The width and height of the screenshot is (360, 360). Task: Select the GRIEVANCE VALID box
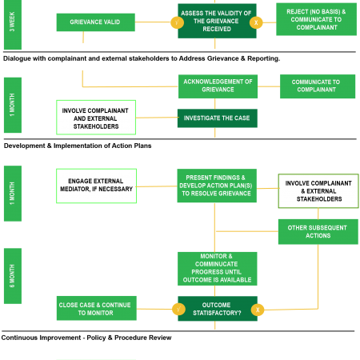(96, 22)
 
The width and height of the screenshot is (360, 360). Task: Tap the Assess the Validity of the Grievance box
(217, 21)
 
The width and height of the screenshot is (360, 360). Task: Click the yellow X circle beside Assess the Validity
(256, 22)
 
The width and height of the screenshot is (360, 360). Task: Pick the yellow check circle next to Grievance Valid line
(178, 22)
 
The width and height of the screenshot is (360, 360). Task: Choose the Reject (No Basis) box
(316, 19)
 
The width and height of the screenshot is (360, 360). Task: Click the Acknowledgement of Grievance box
(218, 86)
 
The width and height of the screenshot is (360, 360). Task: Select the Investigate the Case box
(218, 118)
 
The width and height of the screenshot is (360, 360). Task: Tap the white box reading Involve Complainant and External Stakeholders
(96, 118)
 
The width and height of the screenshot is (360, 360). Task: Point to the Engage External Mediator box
(96, 186)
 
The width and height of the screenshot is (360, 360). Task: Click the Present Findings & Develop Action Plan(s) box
(217, 186)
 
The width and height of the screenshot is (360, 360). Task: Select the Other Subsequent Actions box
(318, 232)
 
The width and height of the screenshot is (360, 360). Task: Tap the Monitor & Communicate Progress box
(218, 269)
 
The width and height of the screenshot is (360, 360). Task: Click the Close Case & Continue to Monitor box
(97, 308)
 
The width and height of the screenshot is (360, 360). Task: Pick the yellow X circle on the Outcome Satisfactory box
(258, 310)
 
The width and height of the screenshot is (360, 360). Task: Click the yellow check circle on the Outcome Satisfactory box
(179, 310)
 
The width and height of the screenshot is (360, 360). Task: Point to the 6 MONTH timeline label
(13, 276)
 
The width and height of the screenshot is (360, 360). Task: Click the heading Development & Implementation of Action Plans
(78, 146)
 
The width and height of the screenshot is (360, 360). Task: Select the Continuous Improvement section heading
(86, 338)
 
